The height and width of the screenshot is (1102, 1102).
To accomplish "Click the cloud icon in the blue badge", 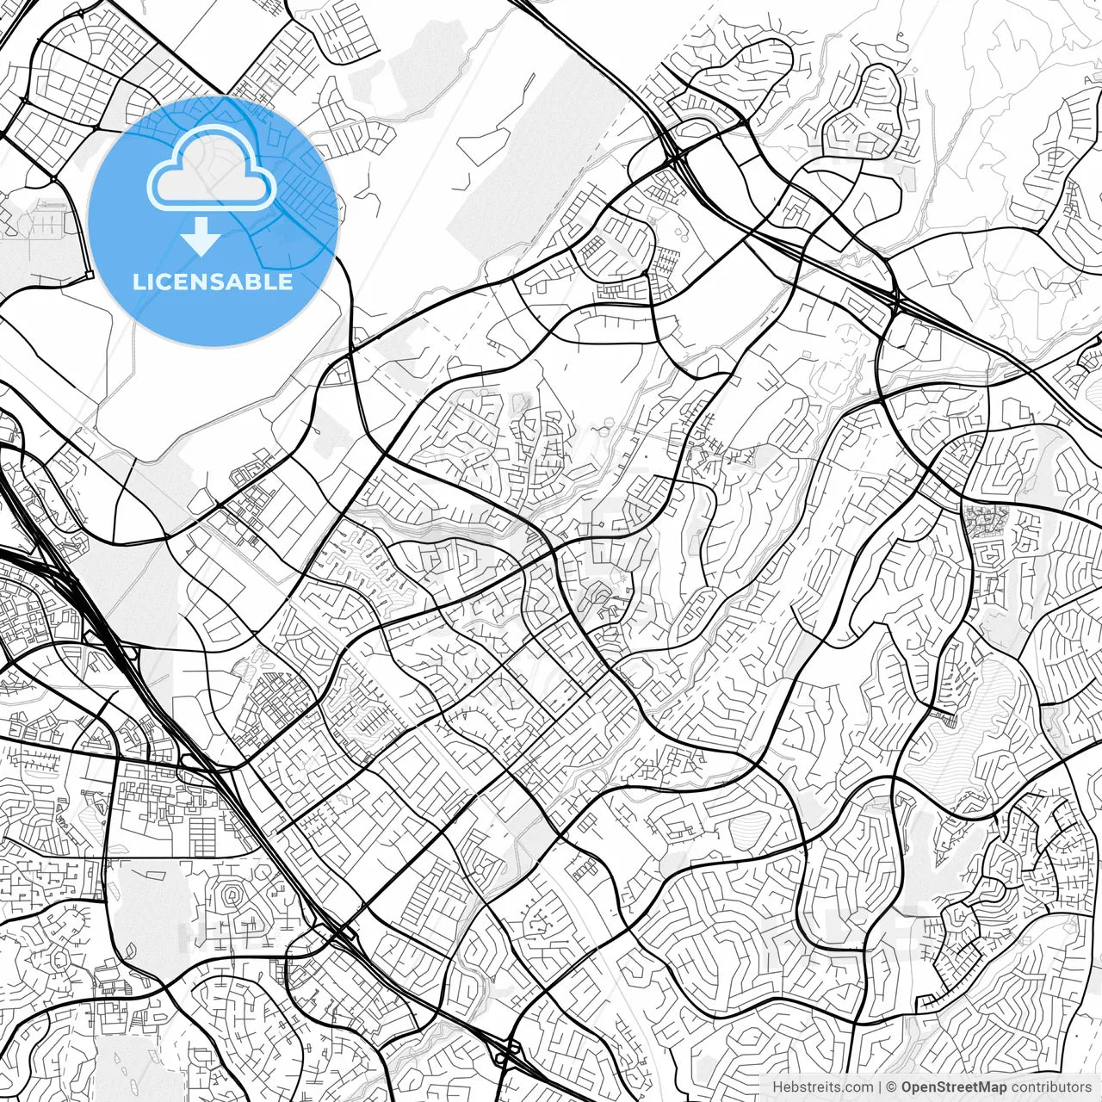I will click(x=212, y=168).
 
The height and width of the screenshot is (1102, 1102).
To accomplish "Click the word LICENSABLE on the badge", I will click(x=213, y=282).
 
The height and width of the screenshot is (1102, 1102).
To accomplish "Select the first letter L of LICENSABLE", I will click(x=139, y=282).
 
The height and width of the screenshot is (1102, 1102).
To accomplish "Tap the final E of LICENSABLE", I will click(x=286, y=282).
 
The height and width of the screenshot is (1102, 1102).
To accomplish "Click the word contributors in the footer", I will click(x=1050, y=1087).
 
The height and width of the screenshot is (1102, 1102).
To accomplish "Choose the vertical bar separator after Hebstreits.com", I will click(x=879, y=1087).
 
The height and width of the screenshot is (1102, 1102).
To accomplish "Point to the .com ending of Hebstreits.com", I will click(x=857, y=1087).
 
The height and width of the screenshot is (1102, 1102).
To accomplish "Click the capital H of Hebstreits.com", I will click(x=777, y=1087).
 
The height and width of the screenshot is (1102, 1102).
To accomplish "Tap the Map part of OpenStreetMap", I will click(x=991, y=1087).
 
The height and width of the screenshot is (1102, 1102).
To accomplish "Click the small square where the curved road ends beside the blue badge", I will click(x=89, y=275).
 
